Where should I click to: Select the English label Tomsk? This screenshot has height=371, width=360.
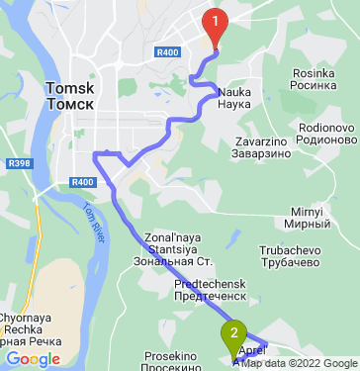point(70,89)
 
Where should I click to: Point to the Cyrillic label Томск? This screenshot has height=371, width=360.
point(70,104)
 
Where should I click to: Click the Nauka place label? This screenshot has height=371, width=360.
point(233,91)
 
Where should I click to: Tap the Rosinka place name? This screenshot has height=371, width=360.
point(318,72)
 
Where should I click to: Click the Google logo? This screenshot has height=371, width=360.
point(33,359)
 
